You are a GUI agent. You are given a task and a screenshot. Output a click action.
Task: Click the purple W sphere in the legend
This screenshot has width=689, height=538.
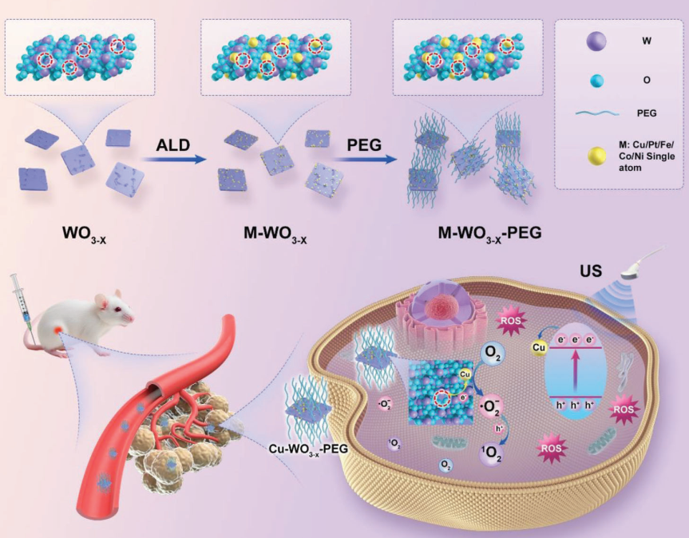pos(596,42)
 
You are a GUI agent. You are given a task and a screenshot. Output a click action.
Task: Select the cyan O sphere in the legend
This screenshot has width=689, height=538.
pos(596,81)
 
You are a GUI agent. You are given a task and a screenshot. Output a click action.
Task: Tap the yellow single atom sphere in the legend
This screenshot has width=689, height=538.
pos(596,156)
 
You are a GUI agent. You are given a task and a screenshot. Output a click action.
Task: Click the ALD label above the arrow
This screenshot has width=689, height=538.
pos(172,145)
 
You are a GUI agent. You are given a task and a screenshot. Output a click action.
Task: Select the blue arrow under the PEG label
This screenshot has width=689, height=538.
pos(364,160)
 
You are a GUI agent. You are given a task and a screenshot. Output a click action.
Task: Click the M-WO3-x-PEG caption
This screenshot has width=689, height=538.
pos(489,234)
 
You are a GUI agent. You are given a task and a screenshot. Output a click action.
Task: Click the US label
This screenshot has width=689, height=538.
pos(590,271)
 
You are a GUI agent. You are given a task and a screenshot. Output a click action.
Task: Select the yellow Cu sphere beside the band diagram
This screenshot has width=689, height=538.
pos(539,347)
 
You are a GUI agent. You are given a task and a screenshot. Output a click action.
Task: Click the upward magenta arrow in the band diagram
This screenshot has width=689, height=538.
pos(575,369)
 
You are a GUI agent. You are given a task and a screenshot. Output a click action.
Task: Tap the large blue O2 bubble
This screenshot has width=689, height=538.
pos(493,355)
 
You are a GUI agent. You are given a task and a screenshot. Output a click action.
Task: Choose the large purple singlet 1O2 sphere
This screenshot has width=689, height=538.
pos(491,453)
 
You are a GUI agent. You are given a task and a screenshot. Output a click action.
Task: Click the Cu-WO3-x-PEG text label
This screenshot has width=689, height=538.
pos(308,449)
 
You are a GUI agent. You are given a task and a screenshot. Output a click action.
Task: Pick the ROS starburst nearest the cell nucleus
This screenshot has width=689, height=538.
pos(511,321)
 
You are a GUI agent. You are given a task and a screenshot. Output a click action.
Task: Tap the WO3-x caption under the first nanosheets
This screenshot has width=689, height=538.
pos(85,234)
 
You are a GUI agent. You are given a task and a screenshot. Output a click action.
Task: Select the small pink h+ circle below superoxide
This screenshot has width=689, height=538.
pos(499,428)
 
